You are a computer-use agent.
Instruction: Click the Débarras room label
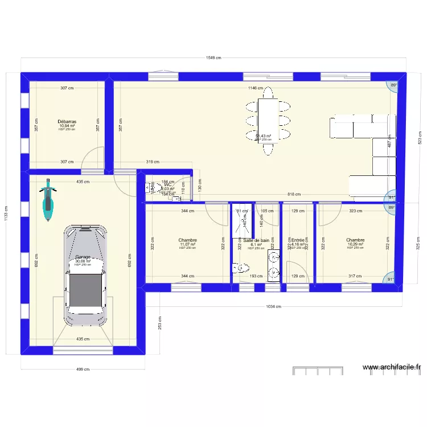67,121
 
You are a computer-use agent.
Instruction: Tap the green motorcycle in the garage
49,199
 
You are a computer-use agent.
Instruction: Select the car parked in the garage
85,276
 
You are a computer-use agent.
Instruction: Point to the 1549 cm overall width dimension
214,58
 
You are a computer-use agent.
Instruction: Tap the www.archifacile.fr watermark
391,368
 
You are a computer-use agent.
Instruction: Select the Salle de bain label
256,240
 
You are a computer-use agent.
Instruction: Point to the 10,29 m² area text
355,244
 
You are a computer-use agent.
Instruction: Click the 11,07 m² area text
187,244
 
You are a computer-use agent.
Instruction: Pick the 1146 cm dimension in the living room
256,88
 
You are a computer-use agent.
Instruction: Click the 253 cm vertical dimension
160,323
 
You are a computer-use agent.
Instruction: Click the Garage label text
83,257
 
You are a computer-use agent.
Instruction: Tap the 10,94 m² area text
67,126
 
